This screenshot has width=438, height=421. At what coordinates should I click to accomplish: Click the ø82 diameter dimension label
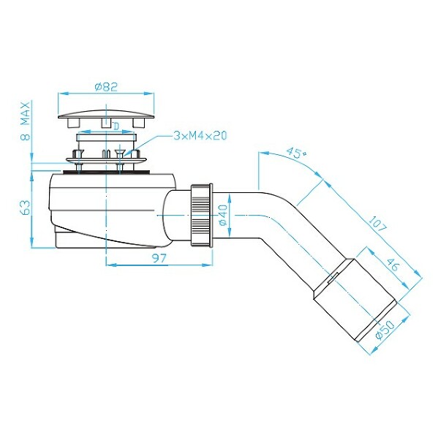click(106, 86)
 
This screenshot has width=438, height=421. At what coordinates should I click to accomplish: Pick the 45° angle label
click(295, 153)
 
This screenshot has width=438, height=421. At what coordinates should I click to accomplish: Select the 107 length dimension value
click(379, 221)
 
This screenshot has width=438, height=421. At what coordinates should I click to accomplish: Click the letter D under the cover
click(116, 126)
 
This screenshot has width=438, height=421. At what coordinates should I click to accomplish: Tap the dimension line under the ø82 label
click(106, 94)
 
